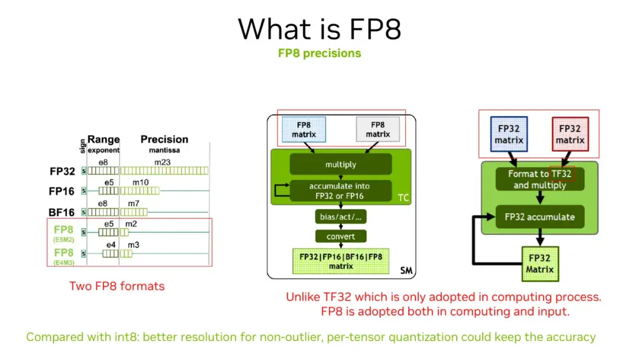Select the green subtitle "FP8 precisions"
319,53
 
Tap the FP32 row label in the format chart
62,171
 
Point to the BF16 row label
62,211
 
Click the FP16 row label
62,191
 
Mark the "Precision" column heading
164,140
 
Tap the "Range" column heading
104,140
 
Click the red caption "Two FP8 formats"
117,286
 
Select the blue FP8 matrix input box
304,130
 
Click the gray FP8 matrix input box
377,130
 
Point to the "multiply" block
340,164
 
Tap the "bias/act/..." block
340,217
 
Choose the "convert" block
340,236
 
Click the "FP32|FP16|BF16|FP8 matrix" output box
340,261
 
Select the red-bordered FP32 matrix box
570,134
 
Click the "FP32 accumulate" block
539,217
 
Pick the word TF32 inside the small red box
562,174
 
